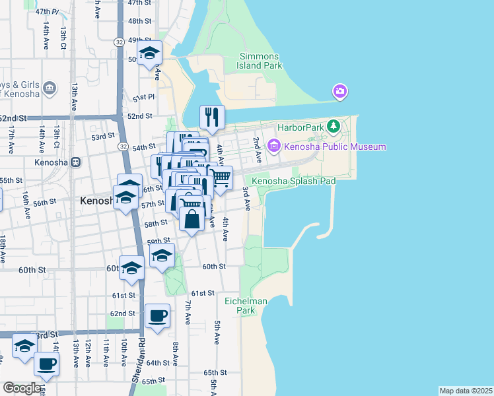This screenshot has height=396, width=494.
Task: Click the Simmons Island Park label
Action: click(261, 61)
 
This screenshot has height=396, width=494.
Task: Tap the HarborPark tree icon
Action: click(335, 125)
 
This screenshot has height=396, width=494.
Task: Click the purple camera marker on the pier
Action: click(340, 91)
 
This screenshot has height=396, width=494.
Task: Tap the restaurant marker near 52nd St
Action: click(212, 117)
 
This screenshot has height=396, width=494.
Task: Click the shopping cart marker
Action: click(220, 178)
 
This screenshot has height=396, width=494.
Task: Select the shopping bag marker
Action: click(192, 218)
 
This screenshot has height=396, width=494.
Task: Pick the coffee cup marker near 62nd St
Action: click(157, 315)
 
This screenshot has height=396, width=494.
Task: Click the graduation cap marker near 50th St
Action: click(150, 53)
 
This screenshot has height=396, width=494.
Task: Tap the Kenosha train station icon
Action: click(76, 162)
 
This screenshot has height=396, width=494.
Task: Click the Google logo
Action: click(21, 388)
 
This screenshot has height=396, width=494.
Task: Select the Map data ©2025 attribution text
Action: click(465, 391)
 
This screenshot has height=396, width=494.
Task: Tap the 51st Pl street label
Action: click(143, 98)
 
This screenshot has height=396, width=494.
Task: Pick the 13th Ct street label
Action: click(63, 37)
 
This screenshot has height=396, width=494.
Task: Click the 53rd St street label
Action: click(103, 137)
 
